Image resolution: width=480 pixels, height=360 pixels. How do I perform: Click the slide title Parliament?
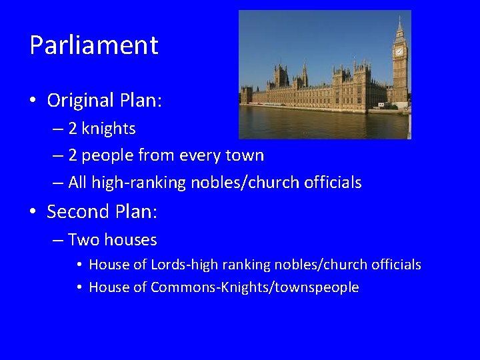[94, 45]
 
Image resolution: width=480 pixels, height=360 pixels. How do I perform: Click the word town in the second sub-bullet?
[247, 155]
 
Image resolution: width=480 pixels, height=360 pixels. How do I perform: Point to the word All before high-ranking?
[79, 183]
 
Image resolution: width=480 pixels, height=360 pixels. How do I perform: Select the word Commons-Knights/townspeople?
[255, 287]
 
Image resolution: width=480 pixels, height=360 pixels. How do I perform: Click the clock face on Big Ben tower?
[399, 51]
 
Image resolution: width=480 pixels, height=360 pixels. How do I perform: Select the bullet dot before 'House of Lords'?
[79, 265]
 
